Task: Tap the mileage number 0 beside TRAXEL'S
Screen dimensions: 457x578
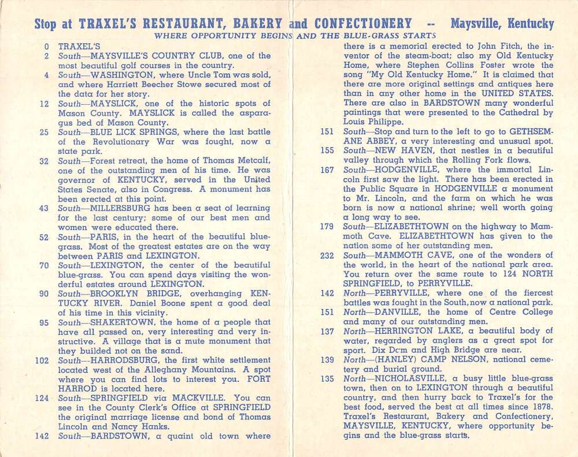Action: click(46, 46)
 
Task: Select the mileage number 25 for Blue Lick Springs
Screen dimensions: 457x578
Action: click(44, 132)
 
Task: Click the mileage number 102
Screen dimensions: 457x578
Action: click(42, 360)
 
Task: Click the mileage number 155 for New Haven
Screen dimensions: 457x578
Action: click(328, 151)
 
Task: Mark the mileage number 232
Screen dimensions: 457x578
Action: click(328, 255)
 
